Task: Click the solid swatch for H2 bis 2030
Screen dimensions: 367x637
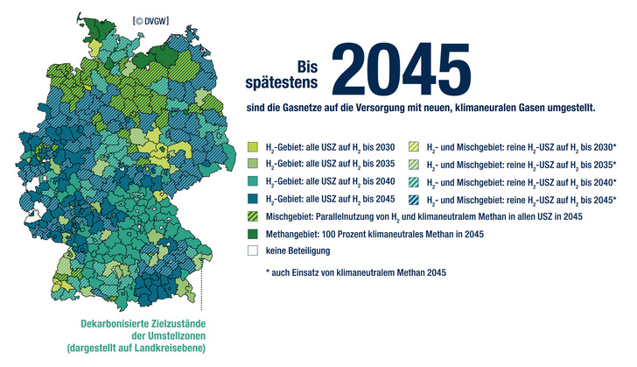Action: (254, 146)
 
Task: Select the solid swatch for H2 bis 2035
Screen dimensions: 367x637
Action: (254, 164)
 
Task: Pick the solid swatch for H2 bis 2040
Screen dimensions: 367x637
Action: (254, 180)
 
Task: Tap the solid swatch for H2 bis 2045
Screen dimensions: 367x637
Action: (254, 198)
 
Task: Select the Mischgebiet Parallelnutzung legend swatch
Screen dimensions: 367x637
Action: (254, 215)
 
